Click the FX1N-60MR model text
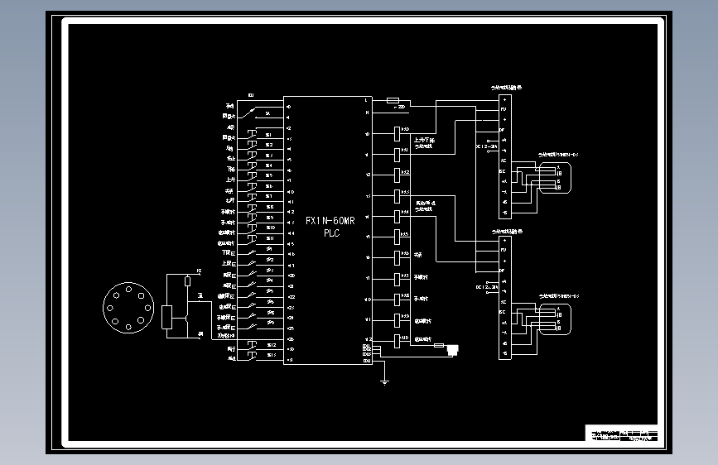(330, 221)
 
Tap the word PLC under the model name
(330, 233)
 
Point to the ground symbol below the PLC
(384, 381)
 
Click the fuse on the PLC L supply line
(394, 101)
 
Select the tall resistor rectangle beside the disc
(167, 318)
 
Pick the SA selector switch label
(268, 113)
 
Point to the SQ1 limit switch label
(270, 249)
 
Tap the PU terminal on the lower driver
(504, 250)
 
